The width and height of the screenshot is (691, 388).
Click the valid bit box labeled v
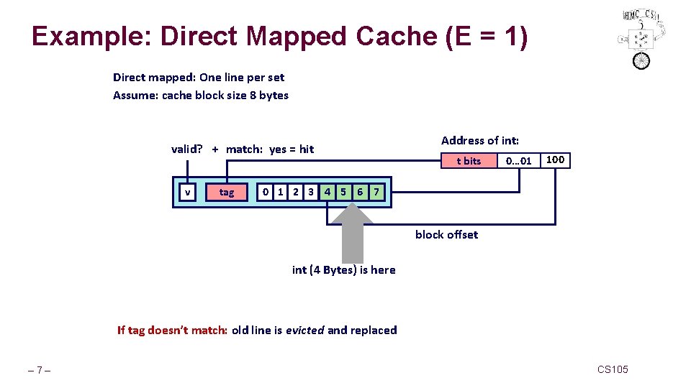pyautogui.click(x=188, y=192)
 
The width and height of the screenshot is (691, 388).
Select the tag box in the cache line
pyautogui.click(x=227, y=192)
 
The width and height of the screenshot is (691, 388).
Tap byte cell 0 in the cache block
pyautogui.click(x=266, y=192)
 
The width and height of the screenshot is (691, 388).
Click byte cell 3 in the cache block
pyautogui.click(x=311, y=192)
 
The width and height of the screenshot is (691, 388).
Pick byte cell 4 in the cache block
pyautogui.click(x=328, y=192)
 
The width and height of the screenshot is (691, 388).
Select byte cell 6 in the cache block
pyautogui.click(x=360, y=192)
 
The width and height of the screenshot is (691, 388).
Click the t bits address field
pyautogui.click(x=469, y=161)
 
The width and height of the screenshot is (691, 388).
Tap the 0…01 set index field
pyautogui.click(x=518, y=161)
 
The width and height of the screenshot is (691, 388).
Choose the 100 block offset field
pyautogui.click(x=555, y=160)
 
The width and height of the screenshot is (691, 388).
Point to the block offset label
pyautogui.click(x=446, y=235)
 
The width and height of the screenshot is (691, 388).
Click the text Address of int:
pyautogui.click(x=479, y=141)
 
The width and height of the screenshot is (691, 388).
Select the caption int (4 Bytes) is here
pyautogui.click(x=343, y=270)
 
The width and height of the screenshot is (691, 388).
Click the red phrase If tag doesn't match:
pyautogui.click(x=172, y=331)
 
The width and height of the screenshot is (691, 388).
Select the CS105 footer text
pyautogui.click(x=613, y=369)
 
